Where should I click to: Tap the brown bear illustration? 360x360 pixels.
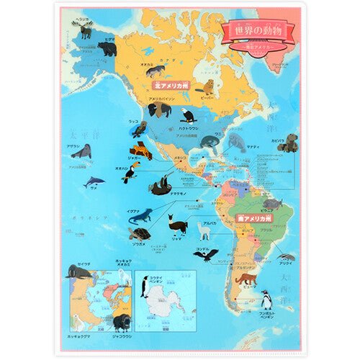(107, 49)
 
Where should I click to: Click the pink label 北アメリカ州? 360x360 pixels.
(166, 84)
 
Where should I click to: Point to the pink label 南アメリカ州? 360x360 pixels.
(255, 216)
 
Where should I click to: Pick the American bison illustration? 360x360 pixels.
(160, 109)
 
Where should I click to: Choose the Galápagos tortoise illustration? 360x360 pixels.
(140, 234)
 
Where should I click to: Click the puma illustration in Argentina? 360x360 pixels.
(247, 279)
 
